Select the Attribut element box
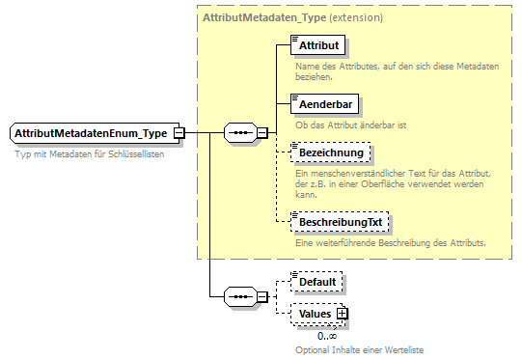click(x=318, y=45)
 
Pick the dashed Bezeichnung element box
click(x=330, y=153)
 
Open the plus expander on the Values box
click(x=341, y=314)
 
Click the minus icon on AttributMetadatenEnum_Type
click(x=179, y=133)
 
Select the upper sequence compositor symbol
click(x=238, y=133)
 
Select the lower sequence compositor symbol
click(x=238, y=295)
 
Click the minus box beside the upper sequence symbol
click(x=261, y=133)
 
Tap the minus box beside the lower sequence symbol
click(x=261, y=295)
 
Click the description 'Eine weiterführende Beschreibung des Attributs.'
click(x=390, y=242)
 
